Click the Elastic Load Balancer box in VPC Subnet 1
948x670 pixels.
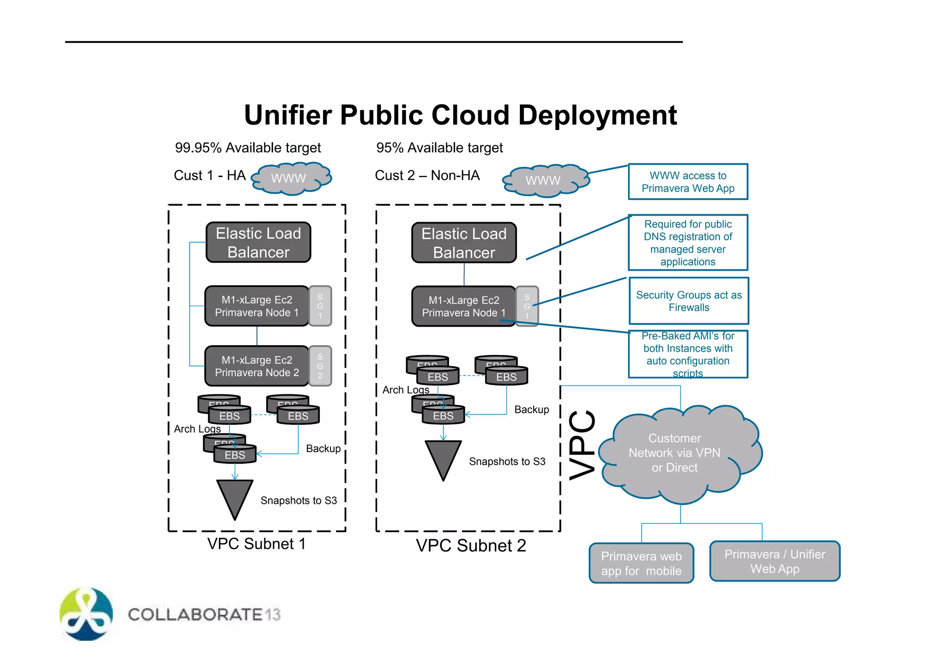pyautogui.click(x=258, y=242)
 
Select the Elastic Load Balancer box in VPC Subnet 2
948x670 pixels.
pyautogui.click(x=464, y=243)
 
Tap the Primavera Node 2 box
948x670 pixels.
pyautogui.click(x=256, y=366)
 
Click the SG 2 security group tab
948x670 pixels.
pyautogui.click(x=320, y=366)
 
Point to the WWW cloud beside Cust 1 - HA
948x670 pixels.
pyautogui.click(x=291, y=178)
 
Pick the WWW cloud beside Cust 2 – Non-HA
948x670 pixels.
pyautogui.click(x=545, y=180)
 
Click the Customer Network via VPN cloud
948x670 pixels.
pyautogui.click(x=678, y=453)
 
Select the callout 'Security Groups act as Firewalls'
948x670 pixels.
pyautogui.click(x=689, y=301)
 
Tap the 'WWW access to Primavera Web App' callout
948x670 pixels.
pyautogui.click(x=688, y=182)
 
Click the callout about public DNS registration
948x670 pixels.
pyautogui.click(x=688, y=242)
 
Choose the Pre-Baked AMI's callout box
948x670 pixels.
pyautogui.click(x=688, y=354)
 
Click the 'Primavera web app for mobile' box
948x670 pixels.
pyautogui.click(x=641, y=563)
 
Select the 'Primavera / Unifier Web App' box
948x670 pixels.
pyautogui.click(x=774, y=561)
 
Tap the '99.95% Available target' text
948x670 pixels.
pyautogui.click(x=248, y=148)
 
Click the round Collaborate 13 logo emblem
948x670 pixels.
pyautogui.click(x=86, y=614)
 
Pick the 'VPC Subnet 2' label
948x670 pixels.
pyautogui.click(x=471, y=546)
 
